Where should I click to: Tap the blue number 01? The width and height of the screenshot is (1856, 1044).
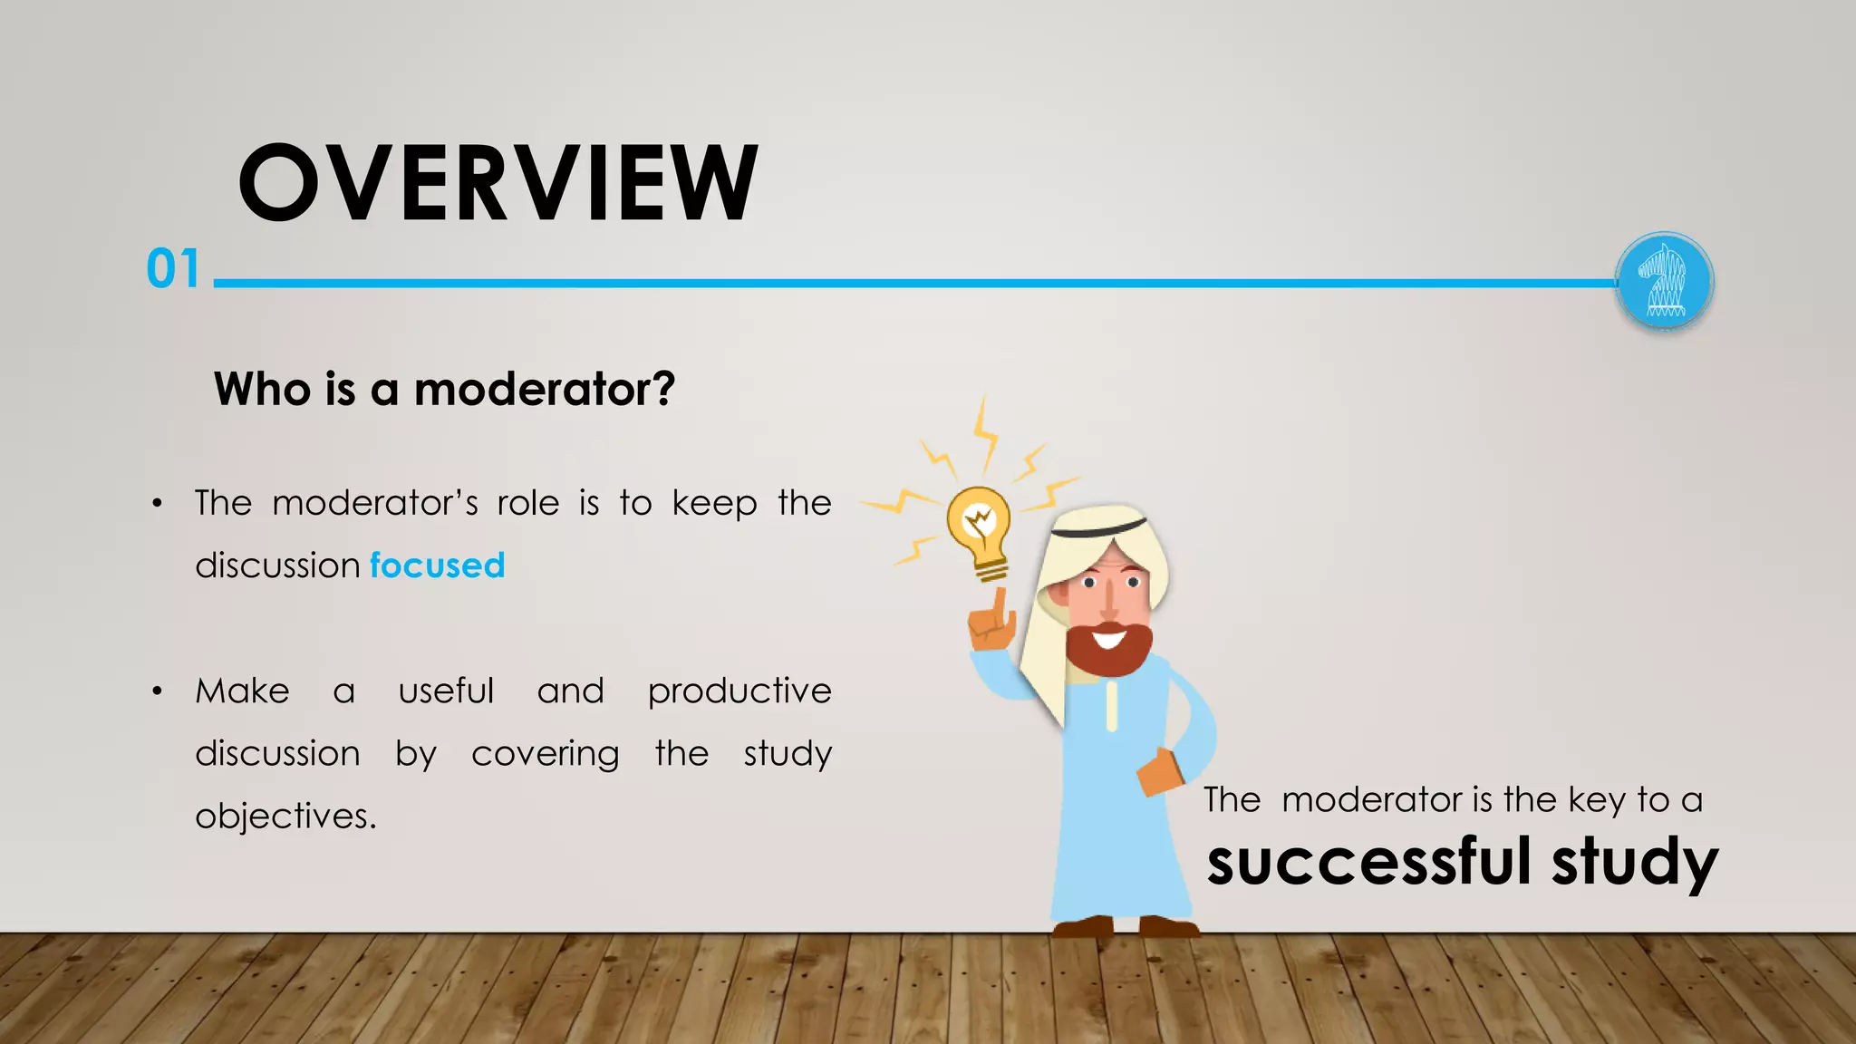tap(173, 269)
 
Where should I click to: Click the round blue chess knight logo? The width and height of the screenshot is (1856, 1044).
tap(1664, 282)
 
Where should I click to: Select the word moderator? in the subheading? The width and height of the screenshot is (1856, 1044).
tap(544, 390)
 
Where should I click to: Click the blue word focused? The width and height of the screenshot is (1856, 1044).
tap(437, 565)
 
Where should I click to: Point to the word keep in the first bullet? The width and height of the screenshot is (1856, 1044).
tap(714, 504)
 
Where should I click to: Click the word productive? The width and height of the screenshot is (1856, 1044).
tap(739, 691)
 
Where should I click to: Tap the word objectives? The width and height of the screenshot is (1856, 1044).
tap(285, 817)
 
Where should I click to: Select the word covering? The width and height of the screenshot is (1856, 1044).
tap(545, 754)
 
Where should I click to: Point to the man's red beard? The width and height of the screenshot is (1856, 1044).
tap(1108, 647)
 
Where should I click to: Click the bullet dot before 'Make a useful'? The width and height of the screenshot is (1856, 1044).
tap(158, 691)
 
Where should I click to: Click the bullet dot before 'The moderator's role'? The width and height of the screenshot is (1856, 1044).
tap(158, 504)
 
